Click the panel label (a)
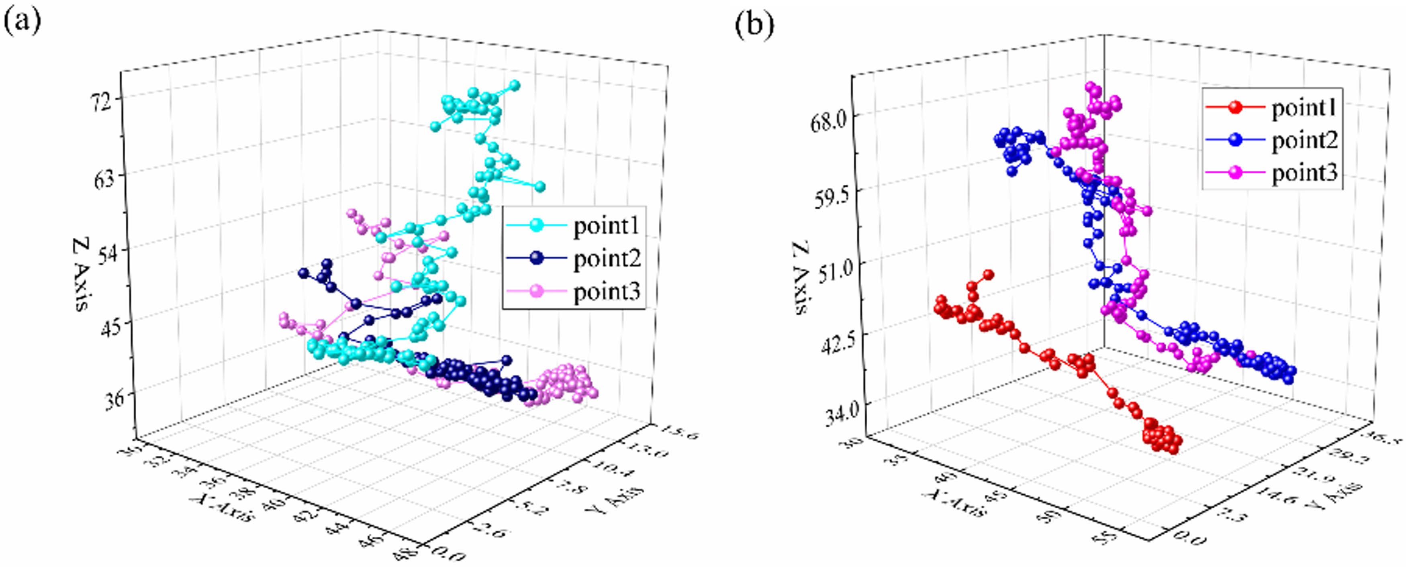[x=22, y=23]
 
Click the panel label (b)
[x=754, y=24]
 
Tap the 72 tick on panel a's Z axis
[x=102, y=101]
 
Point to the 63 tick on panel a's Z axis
[x=104, y=178]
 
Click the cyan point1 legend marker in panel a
[x=537, y=225]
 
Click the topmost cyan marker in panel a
[x=514, y=85]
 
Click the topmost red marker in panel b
[x=988, y=275]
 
